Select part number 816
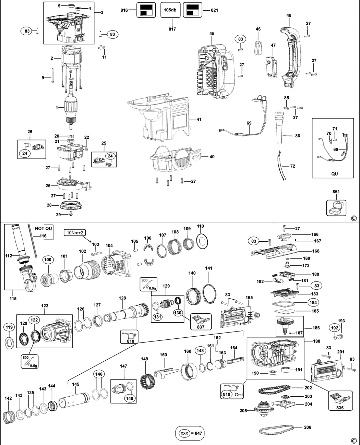click(124, 10)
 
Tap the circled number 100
click(48, 260)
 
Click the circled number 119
click(9, 327)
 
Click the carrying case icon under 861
click(336, 207)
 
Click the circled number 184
click(313, 302)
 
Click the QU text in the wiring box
click(334, 173)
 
